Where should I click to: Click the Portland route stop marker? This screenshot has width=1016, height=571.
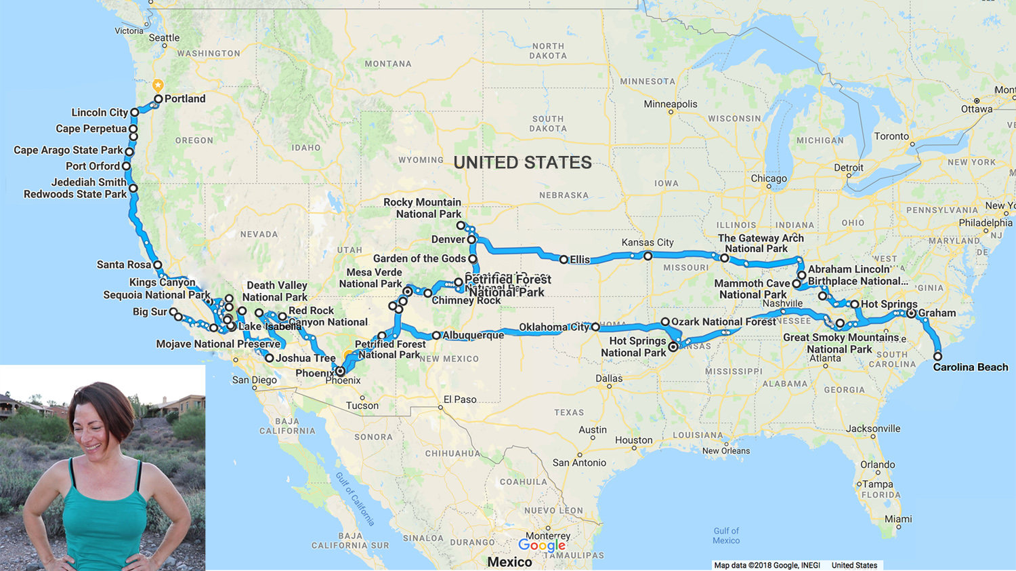click(x=158, y=99)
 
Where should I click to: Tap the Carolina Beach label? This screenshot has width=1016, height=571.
click(x=970, y=367)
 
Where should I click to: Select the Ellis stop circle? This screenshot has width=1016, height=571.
click(x=564, y=260)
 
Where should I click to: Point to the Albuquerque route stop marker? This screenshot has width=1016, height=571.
click(x=436, y=336)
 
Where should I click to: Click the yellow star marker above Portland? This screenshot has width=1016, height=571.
click(x=158, y=85)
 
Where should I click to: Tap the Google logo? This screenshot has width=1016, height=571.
click(x=541, y=545)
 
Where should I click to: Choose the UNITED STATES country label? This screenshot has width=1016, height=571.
click(x=522, y=163)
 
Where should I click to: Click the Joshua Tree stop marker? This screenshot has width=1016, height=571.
click(x=270, y=358)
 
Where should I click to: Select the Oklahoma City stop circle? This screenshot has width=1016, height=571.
click(x=595, y=327)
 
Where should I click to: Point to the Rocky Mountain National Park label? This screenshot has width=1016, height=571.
click(x=422, y=208)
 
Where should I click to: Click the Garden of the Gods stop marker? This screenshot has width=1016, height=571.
click(x=473, y=259)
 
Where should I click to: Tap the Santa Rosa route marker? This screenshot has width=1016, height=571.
click(x=157, y=265)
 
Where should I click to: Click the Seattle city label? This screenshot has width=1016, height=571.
click(x=164, y=38)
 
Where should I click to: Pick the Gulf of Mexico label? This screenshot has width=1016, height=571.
click(x=725, y=536)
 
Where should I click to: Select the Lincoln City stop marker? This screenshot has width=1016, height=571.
click(x=135, y=113)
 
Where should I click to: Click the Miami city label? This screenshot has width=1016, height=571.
click(x=897, y=519)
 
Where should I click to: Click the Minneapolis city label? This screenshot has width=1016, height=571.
click(x=670, y=104)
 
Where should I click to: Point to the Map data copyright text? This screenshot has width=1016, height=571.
click(x=767, y=565)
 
